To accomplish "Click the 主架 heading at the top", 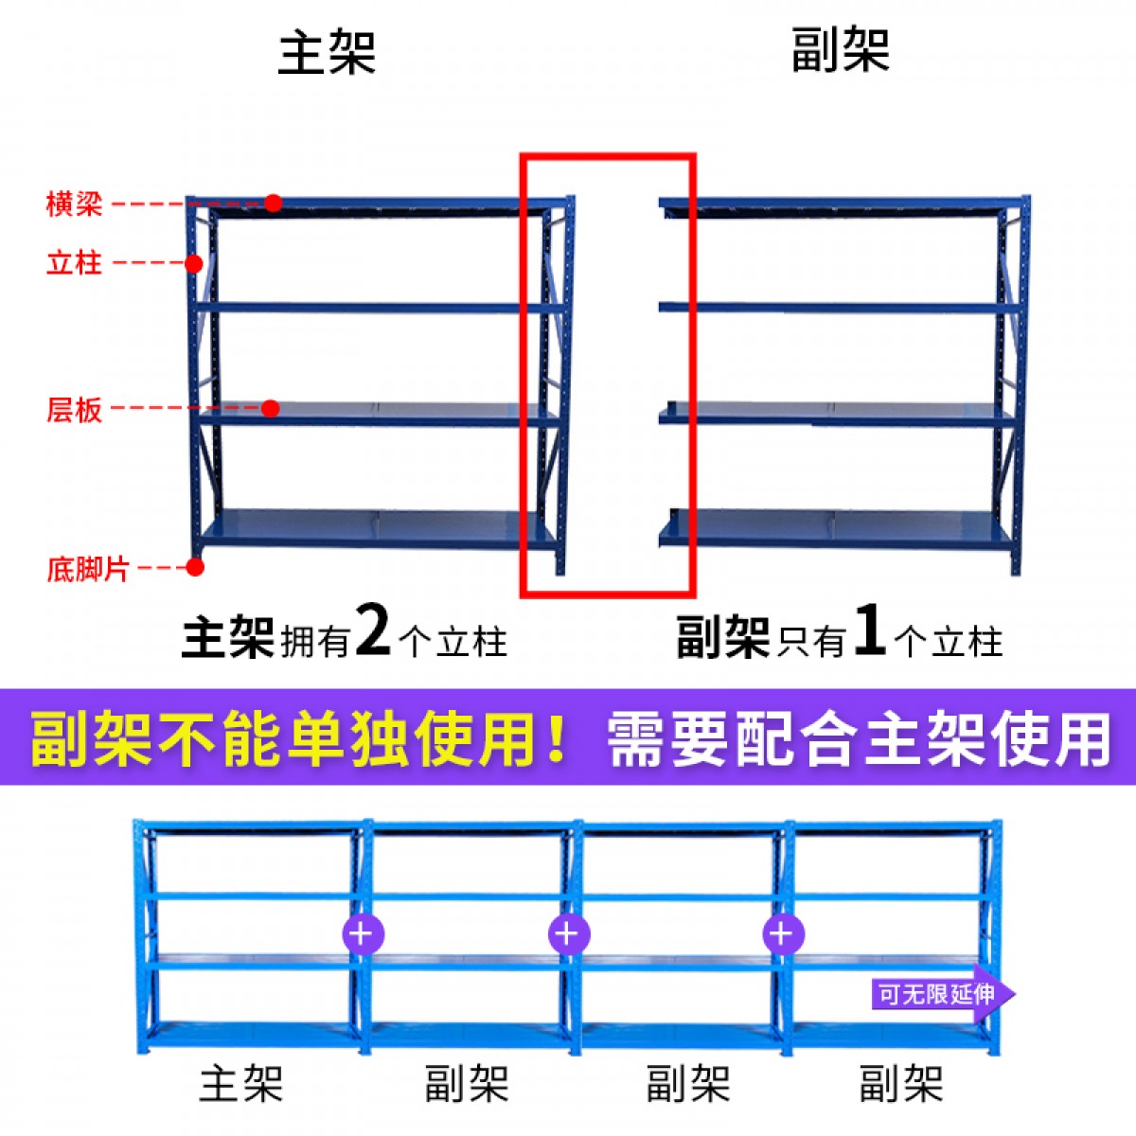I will tap(327, 52).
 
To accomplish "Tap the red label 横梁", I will tap(74, 204).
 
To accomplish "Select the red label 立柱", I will tap(74, 262).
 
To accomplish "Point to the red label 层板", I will tap(74, 410).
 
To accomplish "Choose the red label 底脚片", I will tap(87, 569).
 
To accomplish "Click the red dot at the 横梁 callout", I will tap(274, 203).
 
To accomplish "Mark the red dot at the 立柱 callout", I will tap(193, 263).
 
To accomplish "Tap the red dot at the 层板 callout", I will tap(271, 409).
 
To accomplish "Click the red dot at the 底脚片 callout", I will tap(195, 567).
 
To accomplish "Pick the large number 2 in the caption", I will tap(373, 630).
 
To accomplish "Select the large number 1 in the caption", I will tap(869, 630).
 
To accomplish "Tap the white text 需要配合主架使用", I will tap(857, 738).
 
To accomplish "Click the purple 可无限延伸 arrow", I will tap(942, 994).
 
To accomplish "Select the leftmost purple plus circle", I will tap(362, 934).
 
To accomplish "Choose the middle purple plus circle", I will tap(568, 934).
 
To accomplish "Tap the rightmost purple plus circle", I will tap(782, 934).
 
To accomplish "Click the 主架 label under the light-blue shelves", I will tap(240, 1083).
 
